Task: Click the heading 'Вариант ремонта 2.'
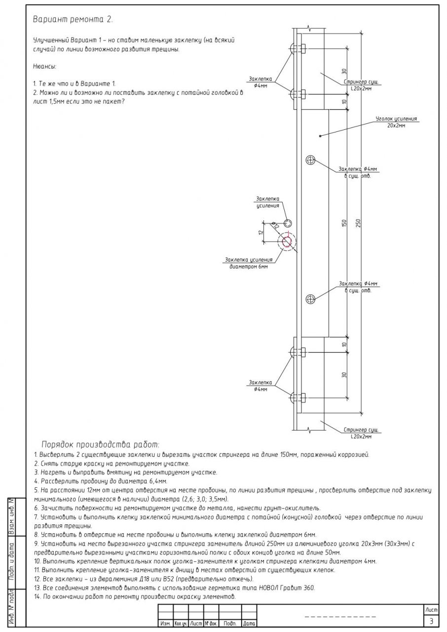point(73,20)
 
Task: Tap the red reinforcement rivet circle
point(287,241)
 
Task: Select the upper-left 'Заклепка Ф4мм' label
point(261,81)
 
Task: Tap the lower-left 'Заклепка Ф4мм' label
point(261,386)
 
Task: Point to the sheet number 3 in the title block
point(432,621)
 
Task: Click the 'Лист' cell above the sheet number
point(432,611)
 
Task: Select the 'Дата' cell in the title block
point(249,624)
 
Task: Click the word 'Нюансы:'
point(45,66)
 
